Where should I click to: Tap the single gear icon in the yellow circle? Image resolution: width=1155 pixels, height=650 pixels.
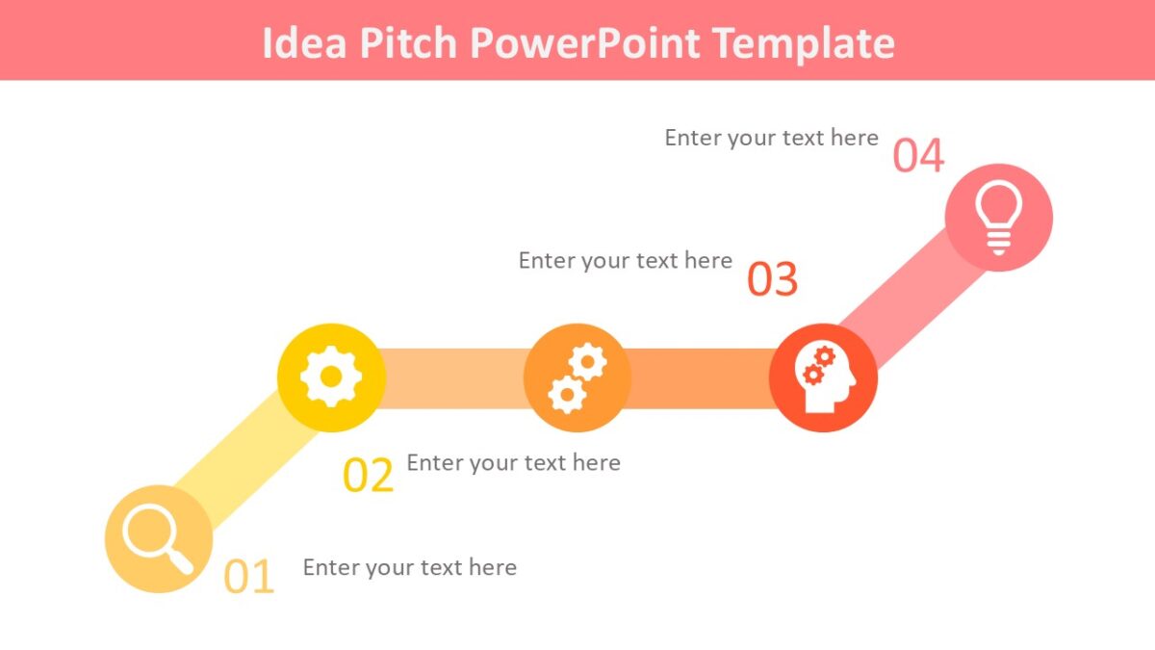coord(331,377)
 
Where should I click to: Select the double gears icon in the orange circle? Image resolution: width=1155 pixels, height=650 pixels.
coord(577,377)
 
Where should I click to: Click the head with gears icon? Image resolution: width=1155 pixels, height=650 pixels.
coord(823,377)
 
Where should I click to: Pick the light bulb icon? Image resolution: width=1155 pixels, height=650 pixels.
coord(998,218)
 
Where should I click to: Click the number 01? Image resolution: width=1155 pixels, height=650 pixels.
coord(249,576)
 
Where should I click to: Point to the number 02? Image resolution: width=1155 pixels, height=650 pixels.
coord(369,476)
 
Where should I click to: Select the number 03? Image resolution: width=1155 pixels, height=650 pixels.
coord(773,279)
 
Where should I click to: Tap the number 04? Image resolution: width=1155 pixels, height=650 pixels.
coord(918,157)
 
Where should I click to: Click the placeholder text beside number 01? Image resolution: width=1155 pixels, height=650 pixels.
coord(410,567)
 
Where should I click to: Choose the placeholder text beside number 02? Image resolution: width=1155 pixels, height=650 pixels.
coord(513,463)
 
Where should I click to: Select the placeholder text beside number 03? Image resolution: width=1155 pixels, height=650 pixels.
coord(626,261)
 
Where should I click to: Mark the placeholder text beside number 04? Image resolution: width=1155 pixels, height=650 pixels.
coord(771,138)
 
